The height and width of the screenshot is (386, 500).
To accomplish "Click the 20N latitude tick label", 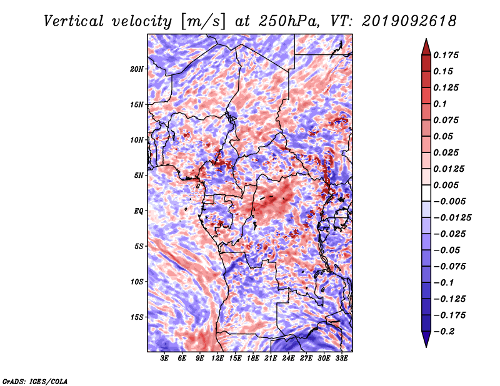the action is pos(137,69).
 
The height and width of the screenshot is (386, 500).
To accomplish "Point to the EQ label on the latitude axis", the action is pos(139,211).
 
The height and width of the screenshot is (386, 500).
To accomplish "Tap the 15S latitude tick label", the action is pos(137,317).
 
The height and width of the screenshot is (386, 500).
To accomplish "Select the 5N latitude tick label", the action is pos(139,176).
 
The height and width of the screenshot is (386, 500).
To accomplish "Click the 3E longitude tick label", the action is pos(164,359).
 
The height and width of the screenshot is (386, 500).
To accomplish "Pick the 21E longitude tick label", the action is pos(271,359).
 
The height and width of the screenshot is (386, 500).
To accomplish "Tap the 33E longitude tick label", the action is pos(341,359).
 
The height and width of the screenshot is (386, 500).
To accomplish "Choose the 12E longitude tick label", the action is pos(217,359).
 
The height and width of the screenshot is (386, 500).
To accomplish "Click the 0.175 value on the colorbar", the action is pos(446,55).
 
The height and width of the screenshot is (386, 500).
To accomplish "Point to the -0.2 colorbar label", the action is pos(444,332).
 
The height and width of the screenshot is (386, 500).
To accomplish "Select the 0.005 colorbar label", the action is pos(446,185).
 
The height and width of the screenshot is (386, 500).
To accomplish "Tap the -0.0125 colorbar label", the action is pos(452,218).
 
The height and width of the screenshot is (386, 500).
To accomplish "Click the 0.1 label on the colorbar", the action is pos(440,104).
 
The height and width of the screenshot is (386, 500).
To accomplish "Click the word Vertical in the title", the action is pos(74,21).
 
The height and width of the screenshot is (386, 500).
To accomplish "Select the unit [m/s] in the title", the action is pos(203,22).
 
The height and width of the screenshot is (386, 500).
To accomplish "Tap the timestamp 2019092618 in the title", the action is pos(409,21).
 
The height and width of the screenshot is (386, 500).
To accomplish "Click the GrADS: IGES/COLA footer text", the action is pos(35,381).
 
